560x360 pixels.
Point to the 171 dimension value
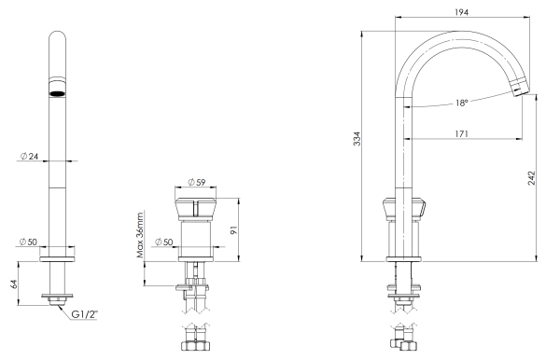[x=461, y=134]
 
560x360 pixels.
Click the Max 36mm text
[x=140, y=234]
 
